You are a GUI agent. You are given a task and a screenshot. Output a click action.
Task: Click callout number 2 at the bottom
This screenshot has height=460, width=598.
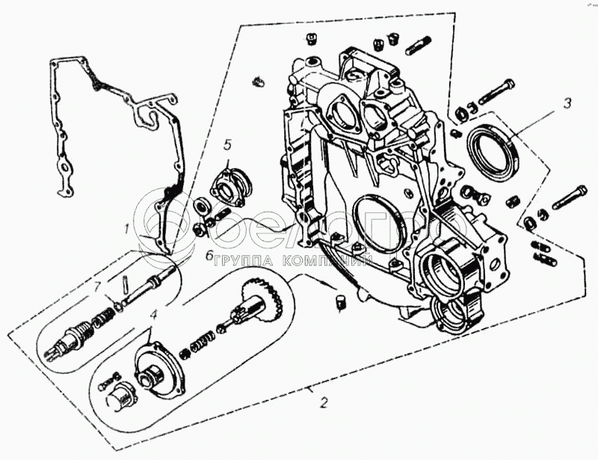323,404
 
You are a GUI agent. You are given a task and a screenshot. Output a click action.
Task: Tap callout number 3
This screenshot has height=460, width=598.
567,103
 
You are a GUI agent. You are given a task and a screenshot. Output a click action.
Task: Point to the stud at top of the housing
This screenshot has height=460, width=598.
418,46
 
